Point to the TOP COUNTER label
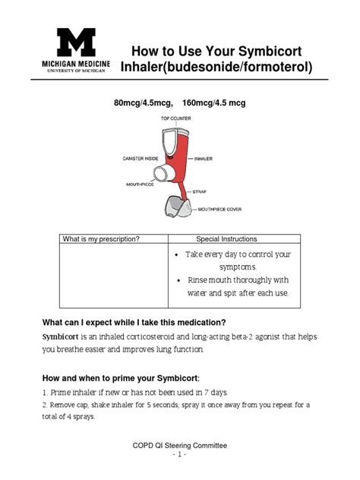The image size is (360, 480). (x=175, y=119)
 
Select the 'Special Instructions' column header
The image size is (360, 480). (x=226, y=239)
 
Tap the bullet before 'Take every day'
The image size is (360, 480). (x=175, y=254)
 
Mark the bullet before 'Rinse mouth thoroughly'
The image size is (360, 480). (x=175, y=280)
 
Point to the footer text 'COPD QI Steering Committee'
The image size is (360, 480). (x=179, y=445)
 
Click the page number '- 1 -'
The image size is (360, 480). (x=179, y=455)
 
